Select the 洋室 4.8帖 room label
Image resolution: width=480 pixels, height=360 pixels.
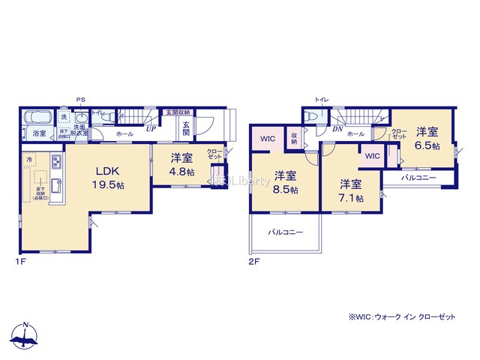[x=181, y=164]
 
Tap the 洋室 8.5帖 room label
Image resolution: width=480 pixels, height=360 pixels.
[x=284, y=182]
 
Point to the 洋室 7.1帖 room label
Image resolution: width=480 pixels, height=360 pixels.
[x=350, y=190]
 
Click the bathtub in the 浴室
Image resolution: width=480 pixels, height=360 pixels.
[x=37, y=118]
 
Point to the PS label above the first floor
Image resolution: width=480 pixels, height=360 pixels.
[x=80, y=99]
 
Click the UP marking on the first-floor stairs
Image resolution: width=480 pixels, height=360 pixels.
[x=151, y=128]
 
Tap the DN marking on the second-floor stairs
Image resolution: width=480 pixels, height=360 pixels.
[x=337, y=128]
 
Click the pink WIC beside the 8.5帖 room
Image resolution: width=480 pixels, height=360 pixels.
[x=268, y=138]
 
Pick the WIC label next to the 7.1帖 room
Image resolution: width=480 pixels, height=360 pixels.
[x=373, y=156]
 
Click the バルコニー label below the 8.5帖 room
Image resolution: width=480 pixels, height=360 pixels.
[x=286, y=232]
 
